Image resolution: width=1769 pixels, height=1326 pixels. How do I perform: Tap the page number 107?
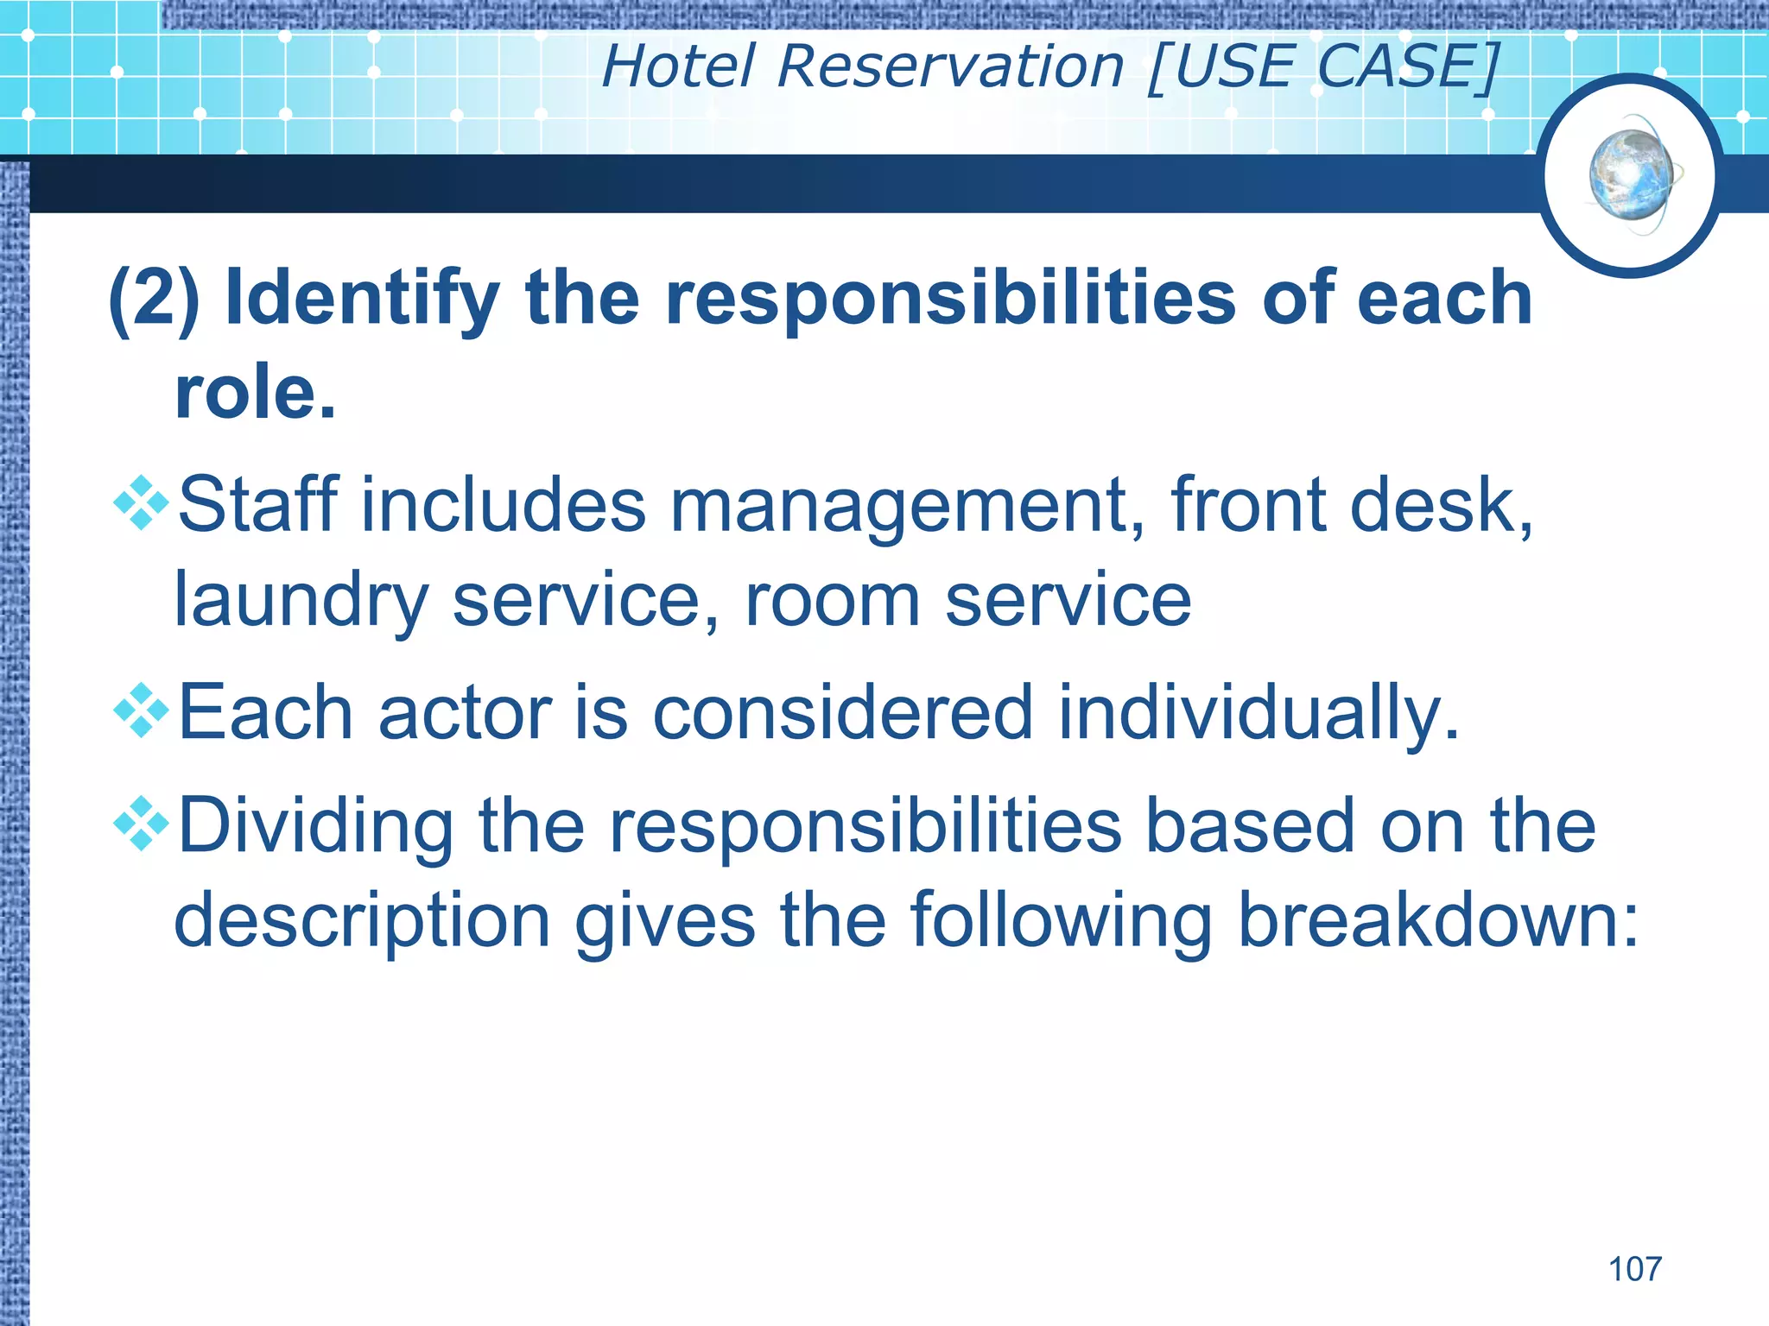1634,1269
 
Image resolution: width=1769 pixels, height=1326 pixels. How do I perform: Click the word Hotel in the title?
678,66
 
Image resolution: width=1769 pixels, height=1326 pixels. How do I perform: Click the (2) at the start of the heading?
155,298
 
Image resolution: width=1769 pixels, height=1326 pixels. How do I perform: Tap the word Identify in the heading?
362,298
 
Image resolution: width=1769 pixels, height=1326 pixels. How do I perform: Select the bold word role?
254,392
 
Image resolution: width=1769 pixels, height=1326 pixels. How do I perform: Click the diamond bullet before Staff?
141,503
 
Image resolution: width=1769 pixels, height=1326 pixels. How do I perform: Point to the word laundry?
301,601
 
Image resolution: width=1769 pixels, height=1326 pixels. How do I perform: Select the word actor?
465,713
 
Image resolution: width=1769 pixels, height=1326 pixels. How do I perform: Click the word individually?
1258,713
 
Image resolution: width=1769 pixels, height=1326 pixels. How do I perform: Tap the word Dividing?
315,826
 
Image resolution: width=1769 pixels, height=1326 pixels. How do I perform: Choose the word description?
362,921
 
